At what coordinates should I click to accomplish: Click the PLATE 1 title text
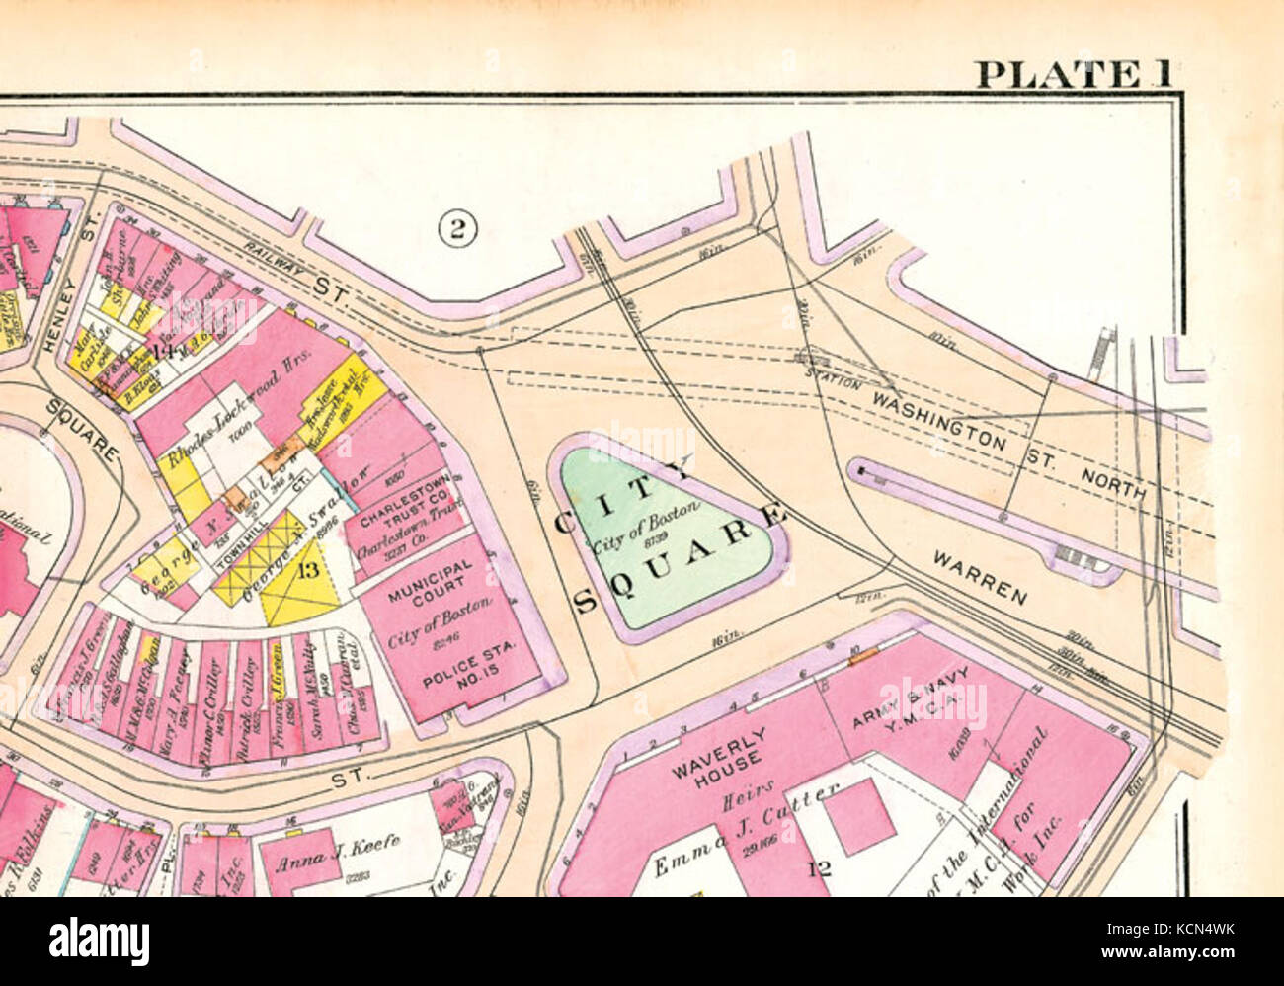pyautogui.click(x=1073, y=74)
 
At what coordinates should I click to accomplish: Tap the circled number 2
pyautogui.click(x=457, y=229)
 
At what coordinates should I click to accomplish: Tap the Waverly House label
pyautogui.click(x=733, y=750)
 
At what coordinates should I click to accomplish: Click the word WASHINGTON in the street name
pyautogui.click(x=938, y=420)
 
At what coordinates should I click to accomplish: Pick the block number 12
pyautogui.click(x=819, y=868)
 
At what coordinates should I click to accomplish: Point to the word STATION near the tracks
pyautogui.click(x=832, y=374)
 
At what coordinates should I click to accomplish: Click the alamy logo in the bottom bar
pyautogui.click(x=99, y=941)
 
